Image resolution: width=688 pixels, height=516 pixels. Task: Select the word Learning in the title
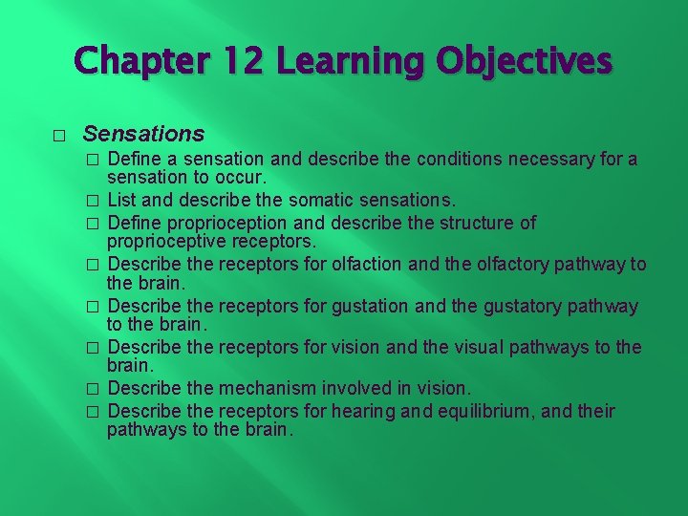coord(349,61)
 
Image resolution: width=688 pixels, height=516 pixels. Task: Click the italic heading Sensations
coord(143,133)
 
